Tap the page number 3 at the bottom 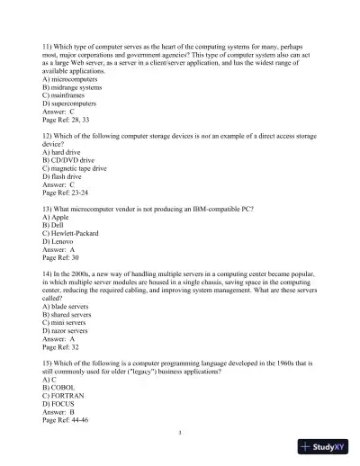pyautogui.click(x=180, y=434)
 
